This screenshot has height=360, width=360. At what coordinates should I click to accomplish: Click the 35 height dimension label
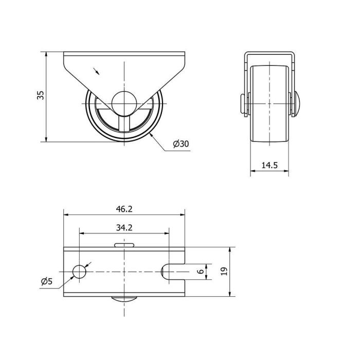[x=41, y=95]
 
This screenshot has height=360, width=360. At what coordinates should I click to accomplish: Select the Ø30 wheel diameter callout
[x=181, y=144]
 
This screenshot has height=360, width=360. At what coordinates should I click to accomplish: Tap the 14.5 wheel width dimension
[x=269, y=165]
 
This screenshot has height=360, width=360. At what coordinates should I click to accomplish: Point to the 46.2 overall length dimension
[x=124, y=209]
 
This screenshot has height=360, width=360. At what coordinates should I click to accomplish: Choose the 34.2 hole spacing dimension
[x=124, y=228]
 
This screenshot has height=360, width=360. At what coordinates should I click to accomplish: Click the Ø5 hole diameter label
[x=47, y=281]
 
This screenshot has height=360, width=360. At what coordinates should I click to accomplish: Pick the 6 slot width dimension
[x=201, y=272]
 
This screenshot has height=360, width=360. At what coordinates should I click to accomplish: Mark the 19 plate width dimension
[x=225, y=272]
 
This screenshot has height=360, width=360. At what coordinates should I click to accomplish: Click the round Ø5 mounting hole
[x=79, y=272]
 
